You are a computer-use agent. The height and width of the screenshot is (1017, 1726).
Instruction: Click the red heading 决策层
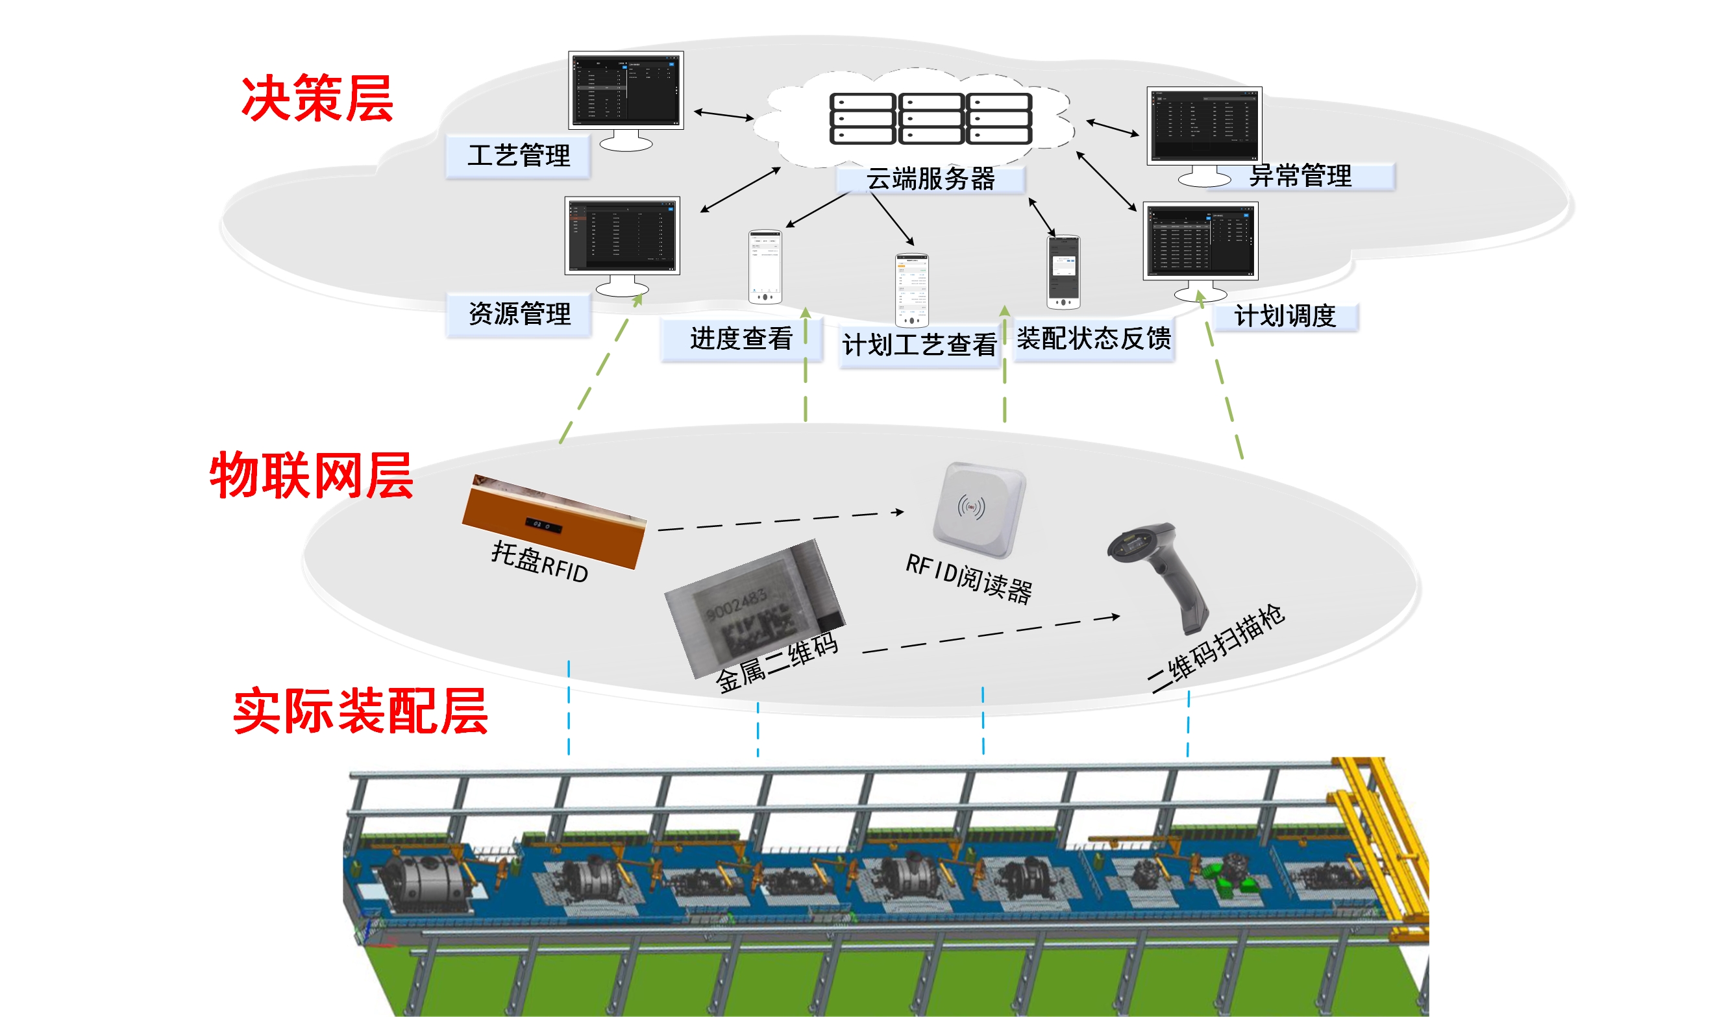coord(317,99)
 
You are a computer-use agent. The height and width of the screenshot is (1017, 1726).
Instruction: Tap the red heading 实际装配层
coord(360,711)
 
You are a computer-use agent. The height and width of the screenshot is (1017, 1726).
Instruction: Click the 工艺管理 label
coord(519,156)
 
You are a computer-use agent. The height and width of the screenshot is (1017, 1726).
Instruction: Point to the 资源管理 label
coord(519,314)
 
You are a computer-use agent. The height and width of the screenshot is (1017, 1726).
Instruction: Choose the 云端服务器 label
coord(930,179)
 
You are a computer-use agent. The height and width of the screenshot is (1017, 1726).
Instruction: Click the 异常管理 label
coord(1300,176)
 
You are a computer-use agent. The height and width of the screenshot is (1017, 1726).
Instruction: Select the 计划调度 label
coord(1285,317)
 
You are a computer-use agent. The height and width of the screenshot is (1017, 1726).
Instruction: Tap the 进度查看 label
coord(741,339)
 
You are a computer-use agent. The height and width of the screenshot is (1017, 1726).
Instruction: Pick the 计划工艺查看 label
coord(920,345)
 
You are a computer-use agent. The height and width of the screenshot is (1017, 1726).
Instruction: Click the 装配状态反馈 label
coord(1094,339)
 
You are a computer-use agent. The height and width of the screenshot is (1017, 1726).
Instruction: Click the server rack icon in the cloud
coord(930,118)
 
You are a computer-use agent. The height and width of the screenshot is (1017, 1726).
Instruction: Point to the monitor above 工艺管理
coord(626,89)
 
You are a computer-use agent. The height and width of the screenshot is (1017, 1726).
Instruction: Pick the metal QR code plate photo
coord(754,606)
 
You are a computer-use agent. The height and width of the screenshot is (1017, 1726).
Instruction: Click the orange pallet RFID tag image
coord(554,523)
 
